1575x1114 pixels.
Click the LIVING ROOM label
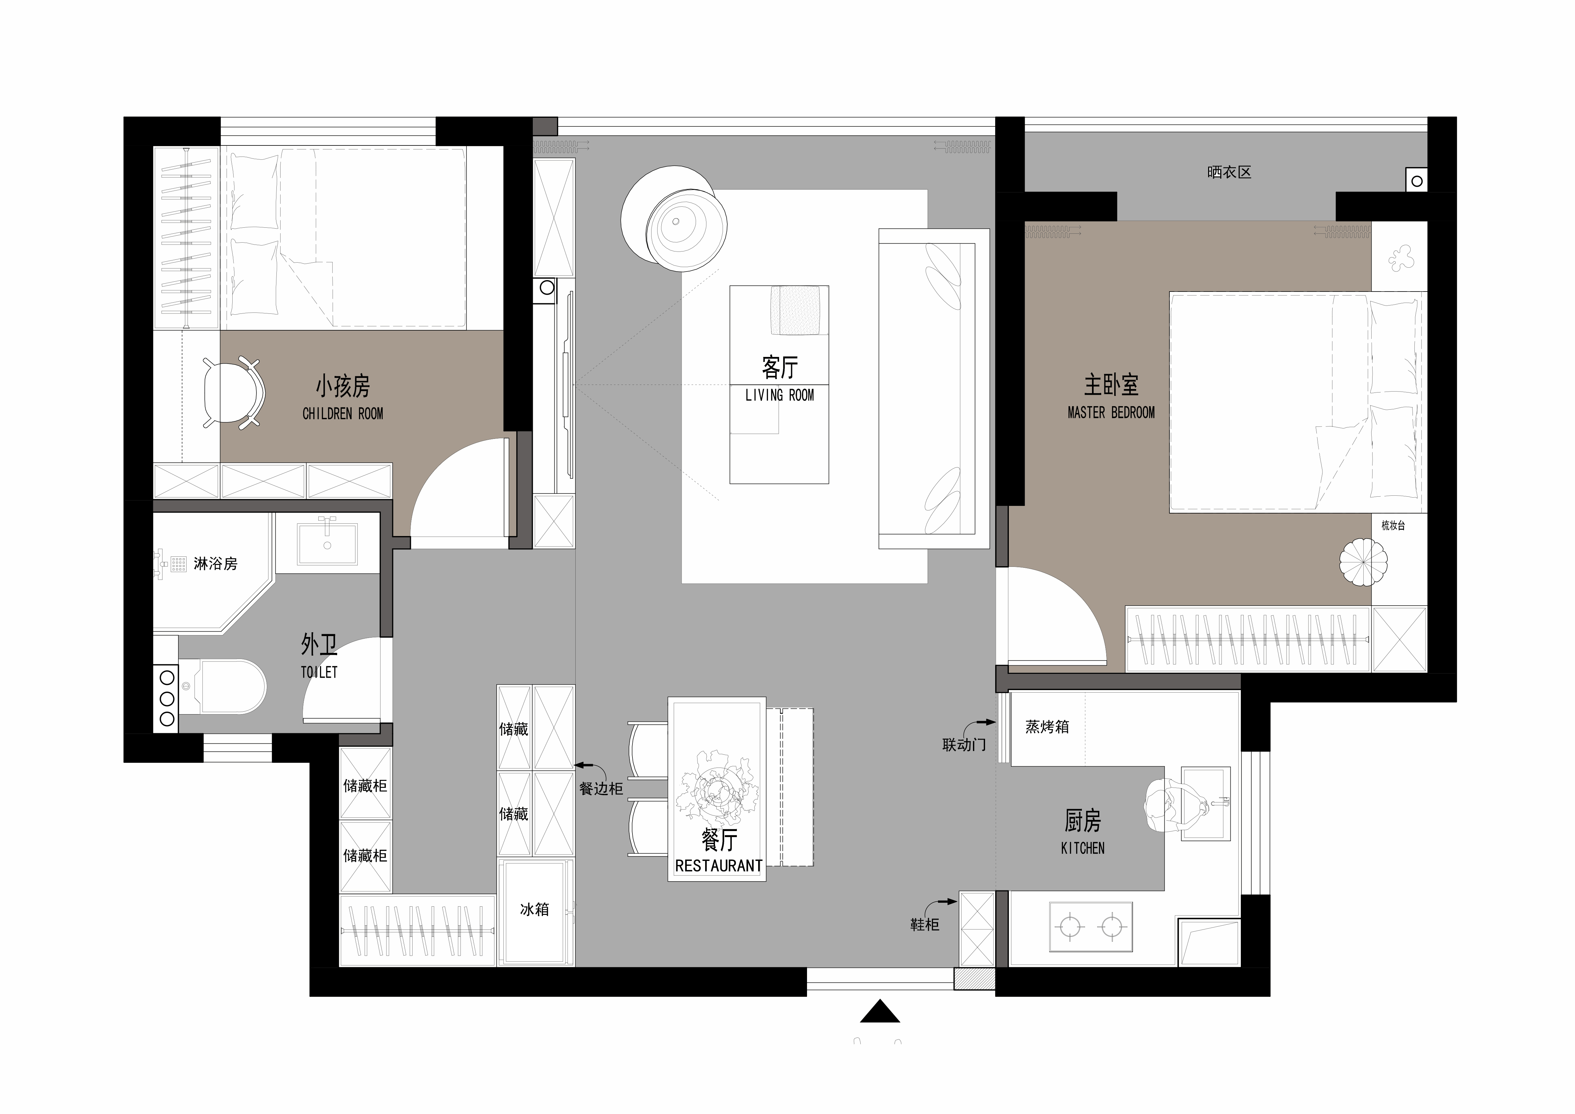pyautogui.click(x=779, y=395)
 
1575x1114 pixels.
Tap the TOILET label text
pyautogui.click(x=319, y=673)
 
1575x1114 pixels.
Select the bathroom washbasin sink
pyautogui.click(x=327, y=542)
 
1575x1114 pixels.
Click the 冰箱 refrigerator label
pyautogui.click(x=534, y=909)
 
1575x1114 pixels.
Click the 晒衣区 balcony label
pyautogui.click(x=1229, y=172)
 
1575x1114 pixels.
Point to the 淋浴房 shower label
pyautogui.click(x=215, y=564)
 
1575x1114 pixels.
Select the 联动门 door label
pyautogui.click(x=964, y=745)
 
